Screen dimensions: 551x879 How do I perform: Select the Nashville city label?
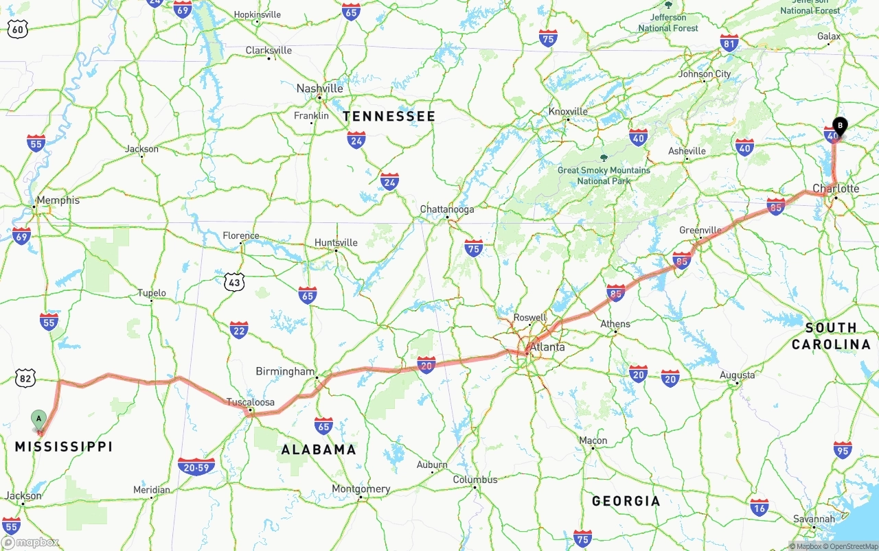(x=319, y=89)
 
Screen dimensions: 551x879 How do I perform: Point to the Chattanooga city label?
(x=447, y=209)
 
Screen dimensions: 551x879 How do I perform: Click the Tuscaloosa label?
(x=251, y=402)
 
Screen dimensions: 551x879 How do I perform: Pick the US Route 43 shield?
(x=234, y=281)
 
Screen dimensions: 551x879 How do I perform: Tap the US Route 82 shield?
(x=25, y=377)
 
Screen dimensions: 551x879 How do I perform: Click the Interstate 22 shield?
(x=239, y=329)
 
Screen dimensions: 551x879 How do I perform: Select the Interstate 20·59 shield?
(x=196, y=467)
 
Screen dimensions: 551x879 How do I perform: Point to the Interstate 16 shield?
(x=760, y=507)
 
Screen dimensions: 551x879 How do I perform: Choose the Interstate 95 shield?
(x=843, y=450)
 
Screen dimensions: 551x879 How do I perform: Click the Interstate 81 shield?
(x=729, y=43)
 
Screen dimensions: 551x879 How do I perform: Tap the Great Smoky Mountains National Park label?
(x=604, y=176)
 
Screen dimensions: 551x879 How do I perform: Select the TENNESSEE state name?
(x=389, y=117)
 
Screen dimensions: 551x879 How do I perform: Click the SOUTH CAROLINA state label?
(x=831, y=336)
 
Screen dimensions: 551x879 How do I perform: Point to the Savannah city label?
(x=814, y=519)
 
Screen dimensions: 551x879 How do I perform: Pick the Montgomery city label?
(x=361, y=489)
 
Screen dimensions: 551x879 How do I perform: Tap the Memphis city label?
(x=58, y=200)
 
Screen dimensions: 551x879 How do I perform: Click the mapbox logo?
(x=30, y=542)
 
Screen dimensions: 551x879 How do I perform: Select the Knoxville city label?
(x=568, y=111)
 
